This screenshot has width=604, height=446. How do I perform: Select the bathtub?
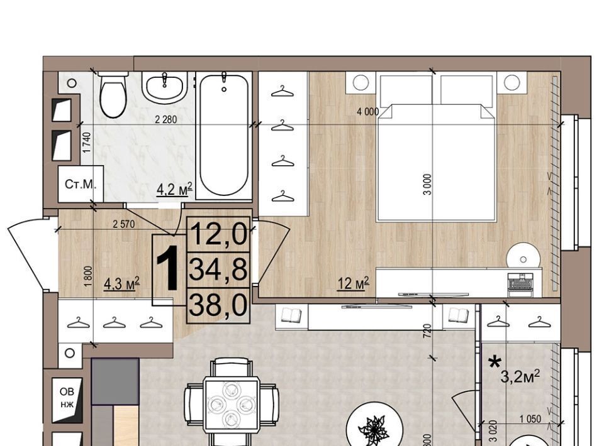224,135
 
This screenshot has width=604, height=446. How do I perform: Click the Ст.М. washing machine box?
81,184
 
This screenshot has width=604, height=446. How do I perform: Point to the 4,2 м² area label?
174,189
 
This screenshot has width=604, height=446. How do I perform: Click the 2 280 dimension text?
166,119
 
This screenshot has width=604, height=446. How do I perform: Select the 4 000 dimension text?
368,112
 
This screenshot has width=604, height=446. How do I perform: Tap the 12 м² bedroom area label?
353,283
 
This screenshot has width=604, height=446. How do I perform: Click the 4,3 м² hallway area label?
121,284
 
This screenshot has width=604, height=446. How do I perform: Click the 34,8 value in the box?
218,269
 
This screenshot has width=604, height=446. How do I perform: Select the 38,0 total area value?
218,305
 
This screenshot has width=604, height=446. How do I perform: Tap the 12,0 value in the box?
218,234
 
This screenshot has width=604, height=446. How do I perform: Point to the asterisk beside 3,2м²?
495,362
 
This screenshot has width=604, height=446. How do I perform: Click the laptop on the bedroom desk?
521,284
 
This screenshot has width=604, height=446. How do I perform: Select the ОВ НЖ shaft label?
67,398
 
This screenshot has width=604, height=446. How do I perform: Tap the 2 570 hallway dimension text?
124,224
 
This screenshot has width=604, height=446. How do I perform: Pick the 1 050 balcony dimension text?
530,419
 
